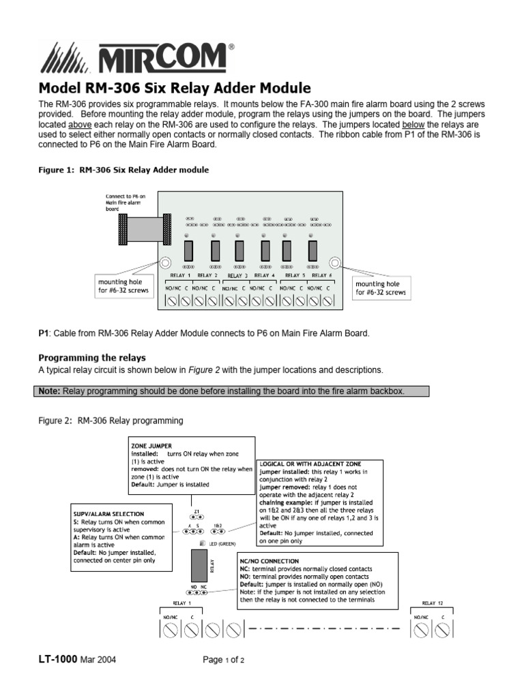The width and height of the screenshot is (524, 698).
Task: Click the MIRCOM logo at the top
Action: tap(136, 57)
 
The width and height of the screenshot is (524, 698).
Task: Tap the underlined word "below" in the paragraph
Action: tap(415, 126)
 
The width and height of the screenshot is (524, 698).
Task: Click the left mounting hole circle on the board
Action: tap(166, 262)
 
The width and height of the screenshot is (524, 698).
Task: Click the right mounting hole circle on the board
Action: tap(334, 262)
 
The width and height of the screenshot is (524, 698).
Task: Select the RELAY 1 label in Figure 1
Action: tap(180, 275)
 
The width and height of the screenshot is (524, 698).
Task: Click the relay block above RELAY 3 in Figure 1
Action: tap(239, 250)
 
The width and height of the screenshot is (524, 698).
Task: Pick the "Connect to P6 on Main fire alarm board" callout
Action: tap(122, 202)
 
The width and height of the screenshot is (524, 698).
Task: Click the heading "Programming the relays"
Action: tap(91, 357)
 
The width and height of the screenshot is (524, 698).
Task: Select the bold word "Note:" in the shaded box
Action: tap(49, 391)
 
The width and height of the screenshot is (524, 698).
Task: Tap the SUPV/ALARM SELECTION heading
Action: tap(108, 513)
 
